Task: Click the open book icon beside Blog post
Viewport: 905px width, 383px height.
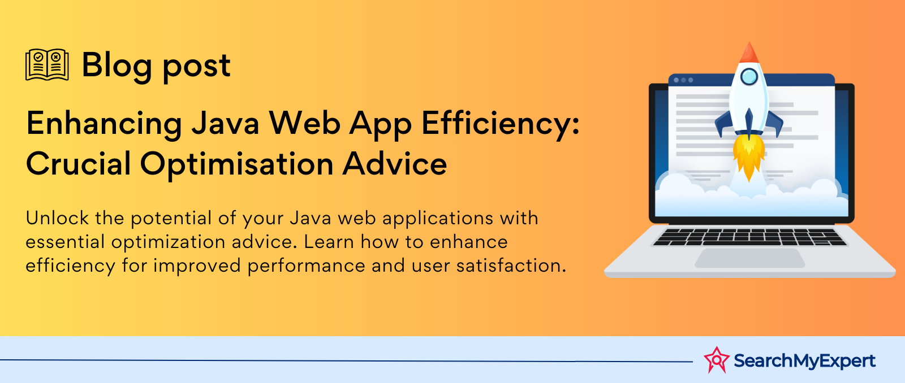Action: tap(47, 64)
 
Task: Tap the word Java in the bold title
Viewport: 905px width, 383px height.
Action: tap(225, 123)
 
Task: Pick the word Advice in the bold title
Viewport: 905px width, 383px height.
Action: tap(395, 163)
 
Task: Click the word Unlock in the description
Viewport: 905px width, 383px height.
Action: tap(57, 218)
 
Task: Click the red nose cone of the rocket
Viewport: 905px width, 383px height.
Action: tap(749, 53)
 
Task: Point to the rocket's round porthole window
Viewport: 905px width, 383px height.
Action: tap(749, 77)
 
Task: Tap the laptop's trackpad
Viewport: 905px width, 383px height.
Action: tap(750, 258)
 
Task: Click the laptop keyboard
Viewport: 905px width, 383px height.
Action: tap(749, 237)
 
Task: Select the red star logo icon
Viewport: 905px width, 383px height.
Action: tap(716, 360)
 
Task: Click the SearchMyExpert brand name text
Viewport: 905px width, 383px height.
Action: tap(804, 361)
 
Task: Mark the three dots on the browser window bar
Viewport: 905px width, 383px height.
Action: tap(683, 80)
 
